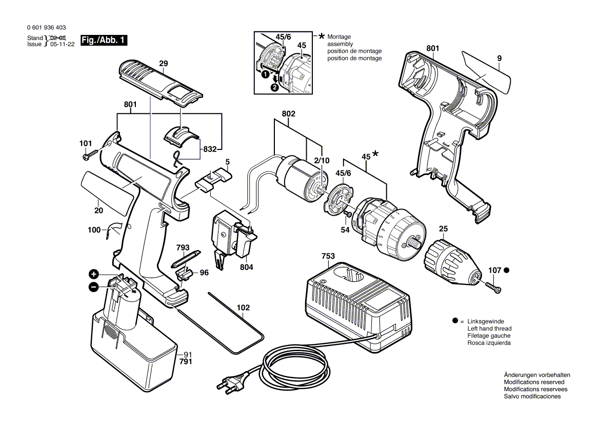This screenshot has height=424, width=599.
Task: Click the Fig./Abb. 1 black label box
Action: [104, 41]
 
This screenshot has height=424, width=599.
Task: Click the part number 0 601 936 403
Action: [46, 28]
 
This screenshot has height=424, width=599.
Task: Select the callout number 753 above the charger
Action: [328, 256]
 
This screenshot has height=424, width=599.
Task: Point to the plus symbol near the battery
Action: [93, 274]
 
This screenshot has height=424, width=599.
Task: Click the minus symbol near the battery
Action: [93, 287]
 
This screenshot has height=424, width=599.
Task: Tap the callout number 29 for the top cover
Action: [163, 64]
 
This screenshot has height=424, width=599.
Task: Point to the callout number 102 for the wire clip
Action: [243, 307]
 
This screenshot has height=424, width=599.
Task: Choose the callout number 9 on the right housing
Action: [498, 59]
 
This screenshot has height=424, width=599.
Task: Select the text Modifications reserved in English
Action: [534, 382]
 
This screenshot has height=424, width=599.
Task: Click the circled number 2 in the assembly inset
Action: [275, 87]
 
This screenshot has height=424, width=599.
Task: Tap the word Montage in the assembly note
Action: [339, 37]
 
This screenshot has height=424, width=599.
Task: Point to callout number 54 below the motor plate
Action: [345, 230]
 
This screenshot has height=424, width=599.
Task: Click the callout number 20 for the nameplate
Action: [98, 210]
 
